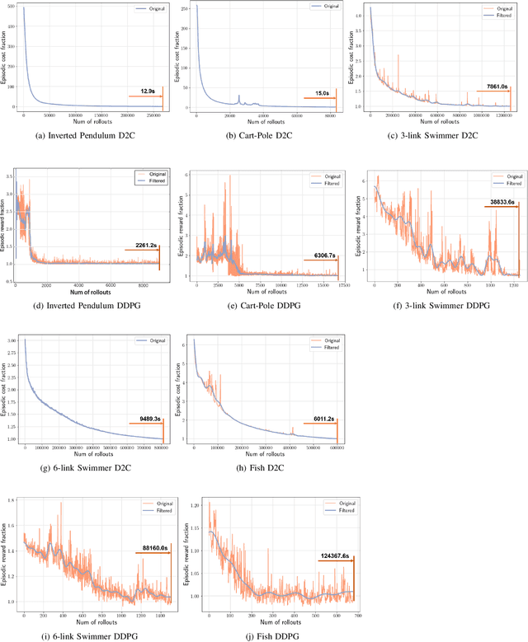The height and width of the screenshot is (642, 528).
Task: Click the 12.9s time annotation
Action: click(148, 90)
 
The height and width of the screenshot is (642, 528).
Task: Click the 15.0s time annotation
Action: click(318, 93)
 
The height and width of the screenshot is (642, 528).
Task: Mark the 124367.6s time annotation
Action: click(334, 556)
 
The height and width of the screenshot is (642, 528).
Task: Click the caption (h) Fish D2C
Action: click(262, 469)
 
